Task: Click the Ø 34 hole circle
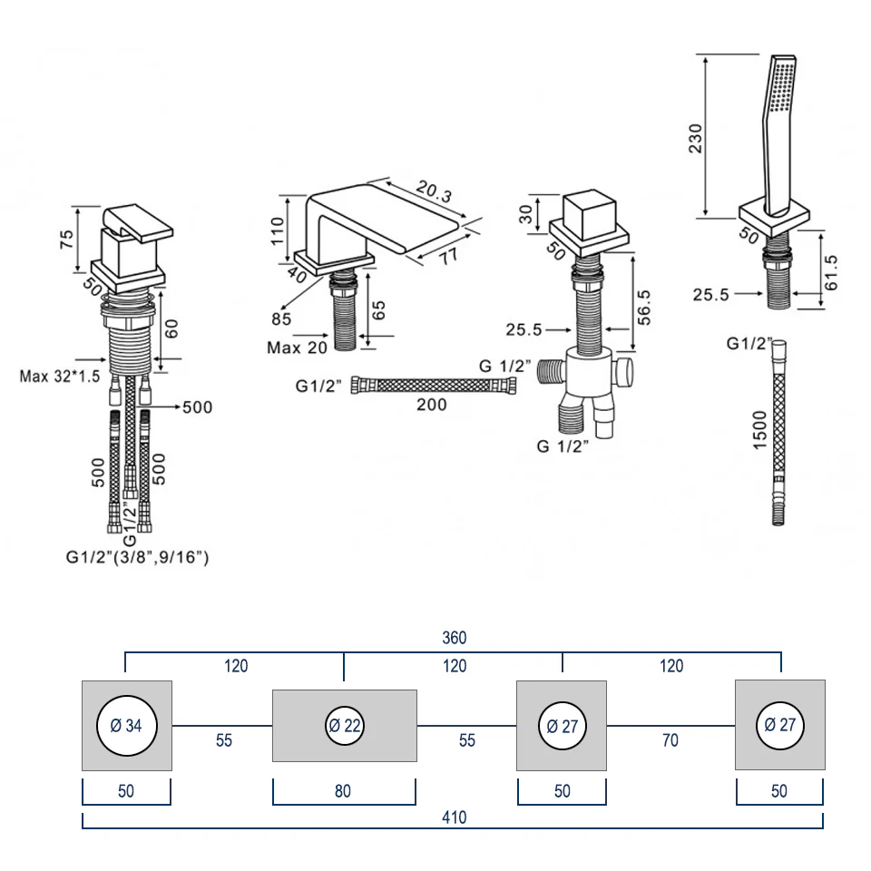tap(126, 726)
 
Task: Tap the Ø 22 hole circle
tap(345, 726)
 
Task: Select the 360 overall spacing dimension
tap(454, 639)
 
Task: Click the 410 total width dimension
tap(454, 817)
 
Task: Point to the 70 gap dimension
tap(670, 741)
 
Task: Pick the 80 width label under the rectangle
tap(344, 791)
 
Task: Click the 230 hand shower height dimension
tap(697, 136)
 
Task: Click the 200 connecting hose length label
tap(431, 406)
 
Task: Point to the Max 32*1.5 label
tap(60, 375)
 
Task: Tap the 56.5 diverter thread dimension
tap(644, 307)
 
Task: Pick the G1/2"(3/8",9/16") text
tap(137, 558)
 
